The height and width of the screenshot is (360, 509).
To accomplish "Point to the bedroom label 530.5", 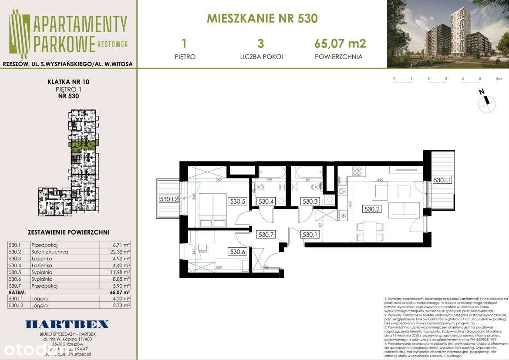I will click(238, 202).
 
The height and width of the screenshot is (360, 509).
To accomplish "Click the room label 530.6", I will click(238, 251).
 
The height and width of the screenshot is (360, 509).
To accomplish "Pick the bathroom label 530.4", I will click(266, 202).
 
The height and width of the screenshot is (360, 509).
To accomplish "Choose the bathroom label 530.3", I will click(310, 202).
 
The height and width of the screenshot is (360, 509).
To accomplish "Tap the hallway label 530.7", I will click(266, 235).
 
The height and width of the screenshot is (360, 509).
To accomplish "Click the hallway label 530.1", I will click(310, 235).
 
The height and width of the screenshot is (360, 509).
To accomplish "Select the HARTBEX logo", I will click(67, 324).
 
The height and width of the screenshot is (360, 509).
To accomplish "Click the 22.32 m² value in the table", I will click(121, 251).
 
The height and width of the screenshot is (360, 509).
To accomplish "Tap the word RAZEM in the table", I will click(18, 292).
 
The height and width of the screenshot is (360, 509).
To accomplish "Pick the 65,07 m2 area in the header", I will click(340, 44).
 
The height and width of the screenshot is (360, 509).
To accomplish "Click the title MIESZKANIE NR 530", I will click(262, 18).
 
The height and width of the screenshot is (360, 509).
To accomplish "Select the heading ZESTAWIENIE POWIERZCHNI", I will click(68, 232).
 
